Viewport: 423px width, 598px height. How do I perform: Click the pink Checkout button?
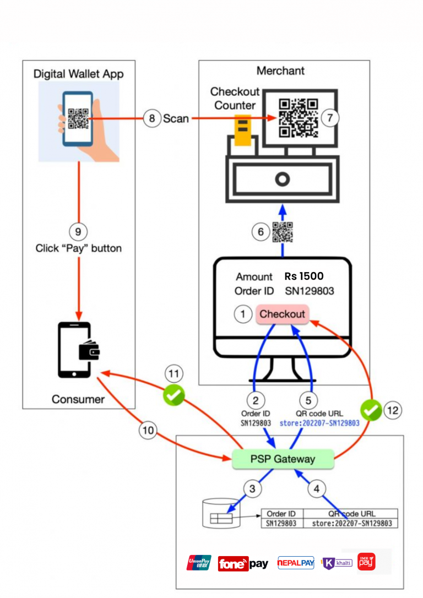(282, 314)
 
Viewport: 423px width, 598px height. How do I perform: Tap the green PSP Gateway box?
(283, 459)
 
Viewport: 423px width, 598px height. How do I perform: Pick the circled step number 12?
(392, 410)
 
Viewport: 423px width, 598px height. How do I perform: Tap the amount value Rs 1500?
(303, 276)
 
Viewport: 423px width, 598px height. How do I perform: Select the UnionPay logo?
(199, 563)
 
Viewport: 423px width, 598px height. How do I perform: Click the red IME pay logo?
(366, 562)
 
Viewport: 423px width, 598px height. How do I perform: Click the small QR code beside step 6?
(283, 232)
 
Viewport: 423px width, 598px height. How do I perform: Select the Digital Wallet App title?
(78, 74)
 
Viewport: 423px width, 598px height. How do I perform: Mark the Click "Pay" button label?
(79, 248)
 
